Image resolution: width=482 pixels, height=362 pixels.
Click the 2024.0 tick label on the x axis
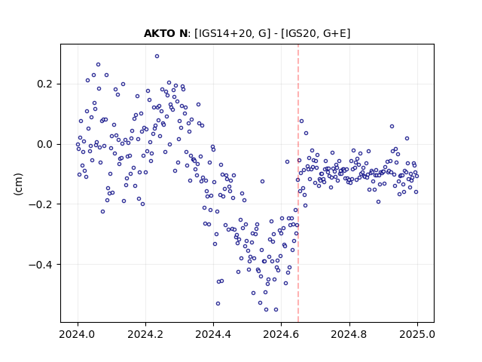[78, 334]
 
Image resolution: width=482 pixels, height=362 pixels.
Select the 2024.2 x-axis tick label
[145, 334]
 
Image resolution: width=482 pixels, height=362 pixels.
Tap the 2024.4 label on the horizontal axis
[213, 334]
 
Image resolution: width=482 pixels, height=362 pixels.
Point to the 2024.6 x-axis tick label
[281, 334]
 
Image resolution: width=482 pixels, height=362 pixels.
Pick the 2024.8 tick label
[349, 334]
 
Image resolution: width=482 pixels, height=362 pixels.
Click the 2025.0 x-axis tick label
[417, 334]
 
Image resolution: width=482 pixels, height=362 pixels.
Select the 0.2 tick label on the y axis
[44, 84]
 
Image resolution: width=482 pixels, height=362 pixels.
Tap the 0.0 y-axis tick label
[44, 144]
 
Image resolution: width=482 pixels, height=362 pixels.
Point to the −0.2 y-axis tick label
[41, 204]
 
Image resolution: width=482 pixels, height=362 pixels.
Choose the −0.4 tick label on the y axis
[41, 265]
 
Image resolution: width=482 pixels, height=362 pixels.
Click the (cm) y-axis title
[18, 184]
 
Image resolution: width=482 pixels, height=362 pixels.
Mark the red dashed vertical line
[298, 183]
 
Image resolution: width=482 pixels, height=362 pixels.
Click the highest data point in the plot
[157, 57]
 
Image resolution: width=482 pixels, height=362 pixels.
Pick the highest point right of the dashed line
[301, 121]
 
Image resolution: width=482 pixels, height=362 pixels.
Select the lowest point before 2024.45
[218, 303]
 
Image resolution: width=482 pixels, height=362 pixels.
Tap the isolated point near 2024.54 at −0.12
[262, 181]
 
